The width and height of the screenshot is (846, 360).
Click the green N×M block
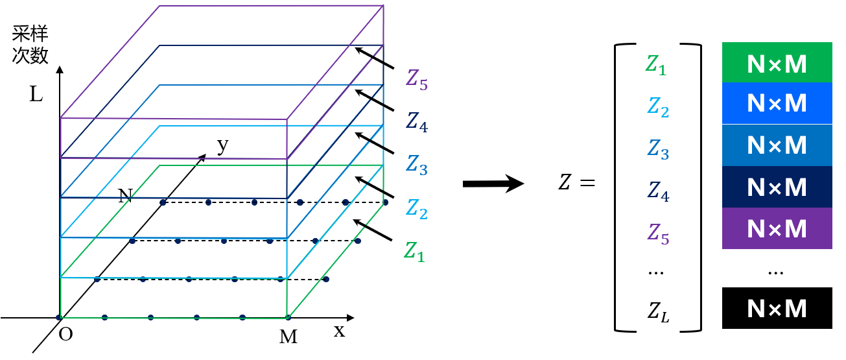coord(777,63)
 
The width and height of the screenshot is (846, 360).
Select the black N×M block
coord(777,308)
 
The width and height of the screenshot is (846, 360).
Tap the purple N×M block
coord(777,228)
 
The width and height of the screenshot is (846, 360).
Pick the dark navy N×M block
coord(777,187)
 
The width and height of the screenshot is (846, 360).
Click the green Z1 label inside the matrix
coord(656,65)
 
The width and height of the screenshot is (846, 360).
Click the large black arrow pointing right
coord(493,184)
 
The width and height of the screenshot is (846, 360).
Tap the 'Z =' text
coord(576,184)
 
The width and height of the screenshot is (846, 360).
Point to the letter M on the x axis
coord(288,337)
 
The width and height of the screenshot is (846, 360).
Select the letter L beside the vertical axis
coord(36,95)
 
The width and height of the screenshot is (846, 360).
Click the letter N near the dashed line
coord(125,197)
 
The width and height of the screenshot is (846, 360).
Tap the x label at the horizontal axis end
coord(339,331)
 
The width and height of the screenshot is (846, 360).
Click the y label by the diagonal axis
coord(222,146)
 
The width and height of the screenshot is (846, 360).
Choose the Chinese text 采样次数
coord(30,45)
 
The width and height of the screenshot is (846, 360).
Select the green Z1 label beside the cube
coord(415,251)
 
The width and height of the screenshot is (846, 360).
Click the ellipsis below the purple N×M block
coord(775,270)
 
